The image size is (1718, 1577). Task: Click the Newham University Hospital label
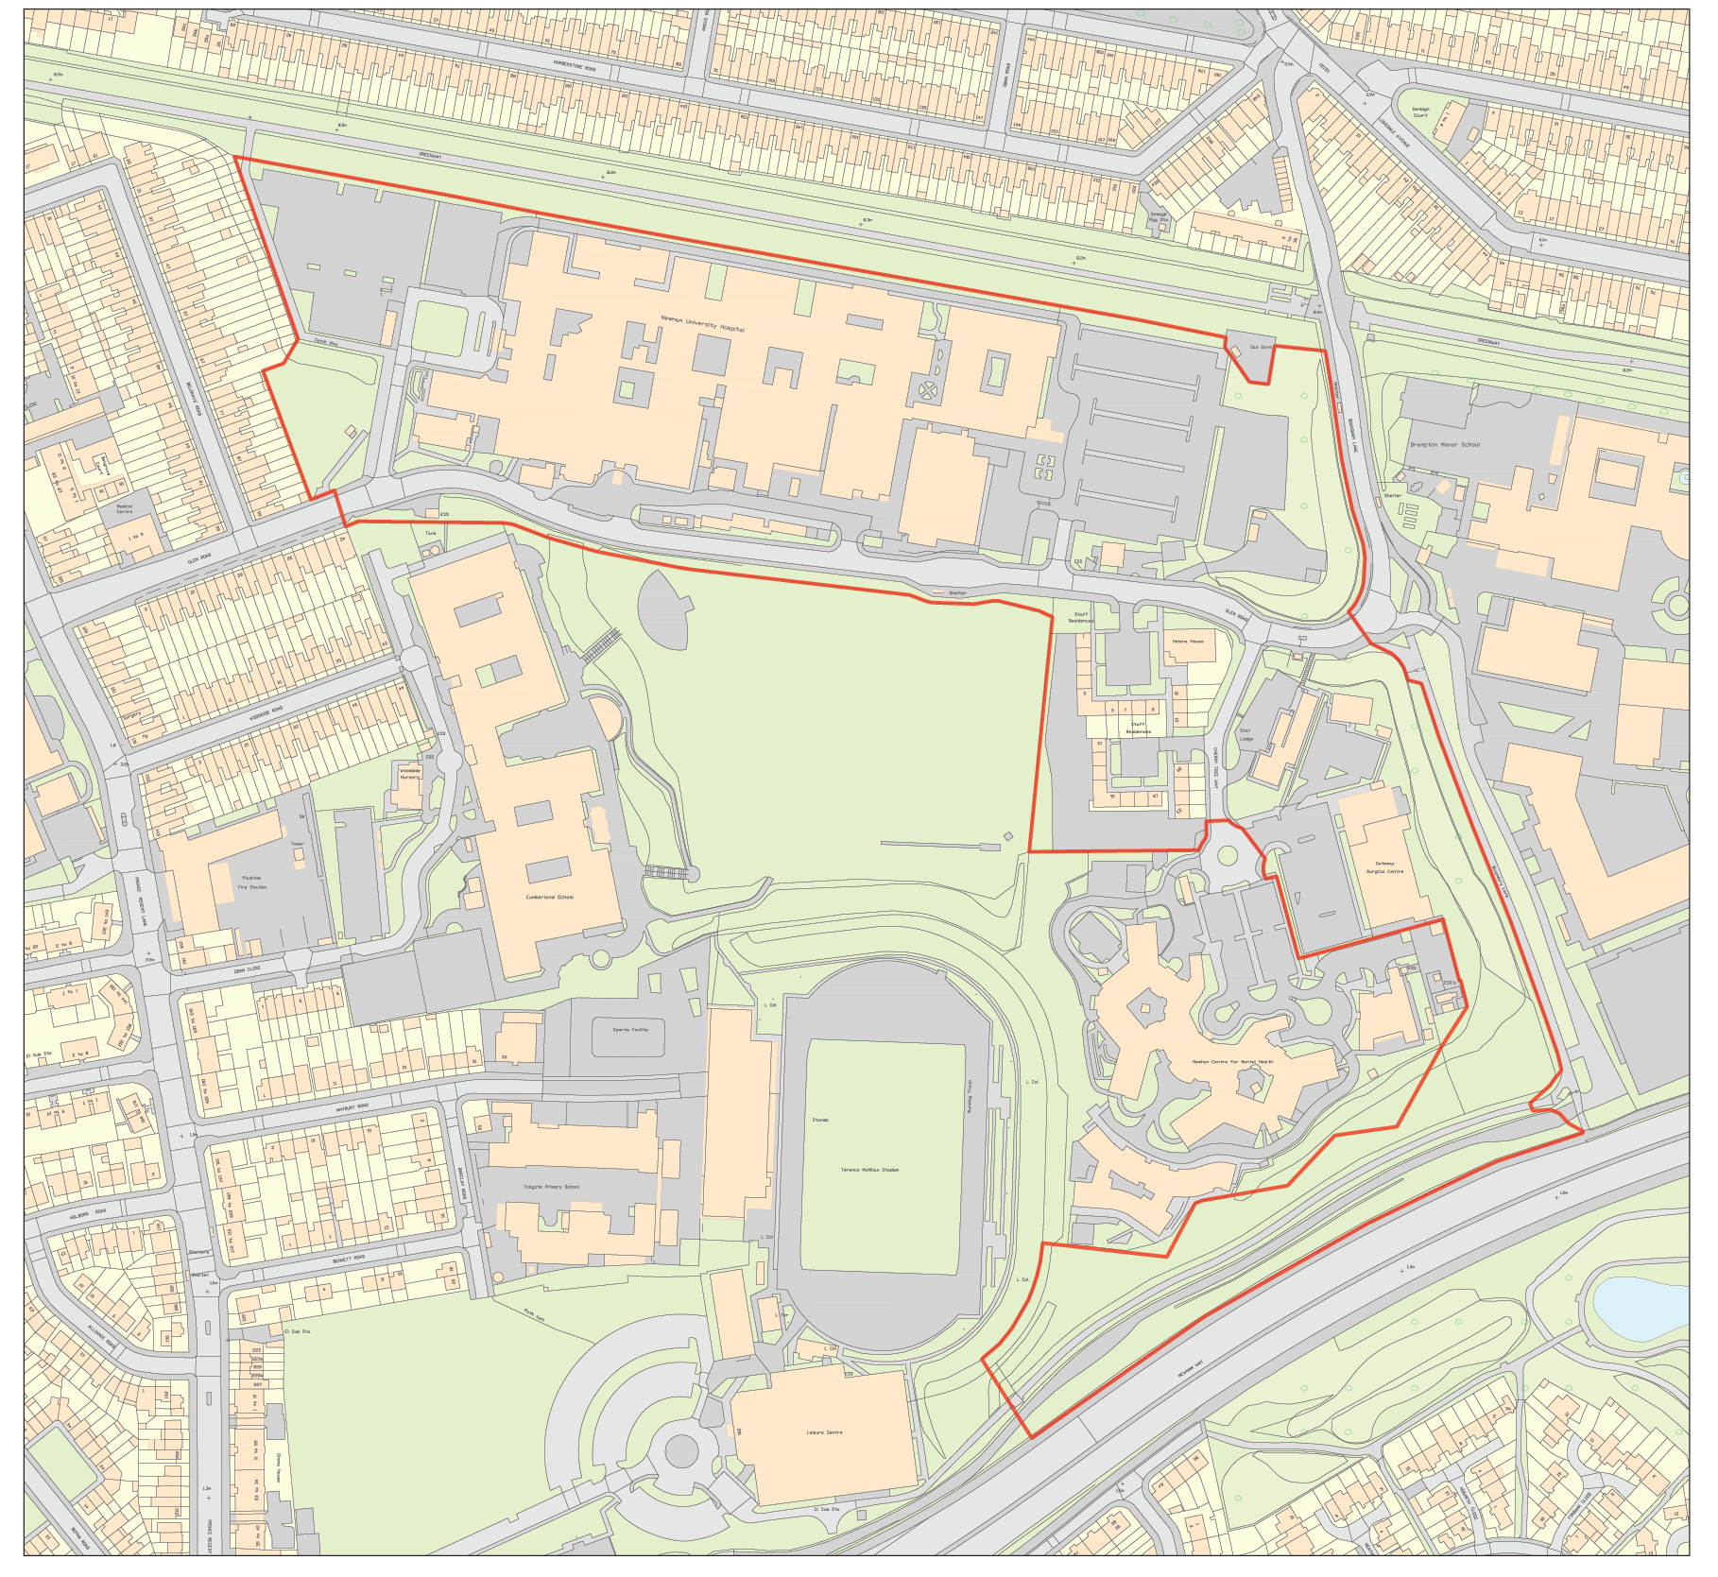702,324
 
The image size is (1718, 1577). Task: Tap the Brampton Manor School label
1444,444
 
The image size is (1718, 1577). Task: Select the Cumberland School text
549,897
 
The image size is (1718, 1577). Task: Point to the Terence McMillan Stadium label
869,1170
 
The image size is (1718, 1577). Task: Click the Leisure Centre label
824,1432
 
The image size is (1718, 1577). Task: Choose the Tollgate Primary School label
551,1187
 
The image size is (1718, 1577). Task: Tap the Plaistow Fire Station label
251,883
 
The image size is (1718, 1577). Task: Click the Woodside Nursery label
409,773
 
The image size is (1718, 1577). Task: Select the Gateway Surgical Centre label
1383,867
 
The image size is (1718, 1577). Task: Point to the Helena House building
1188,642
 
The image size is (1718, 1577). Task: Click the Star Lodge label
1246,734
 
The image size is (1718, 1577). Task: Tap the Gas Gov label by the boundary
1261,347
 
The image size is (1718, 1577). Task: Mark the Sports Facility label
630,1029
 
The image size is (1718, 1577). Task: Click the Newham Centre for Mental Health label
1231,1062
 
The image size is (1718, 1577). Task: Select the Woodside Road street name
266,713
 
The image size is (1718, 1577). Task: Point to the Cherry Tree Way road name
1215,767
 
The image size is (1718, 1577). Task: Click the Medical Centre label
124,508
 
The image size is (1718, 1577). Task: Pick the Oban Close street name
247,969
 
